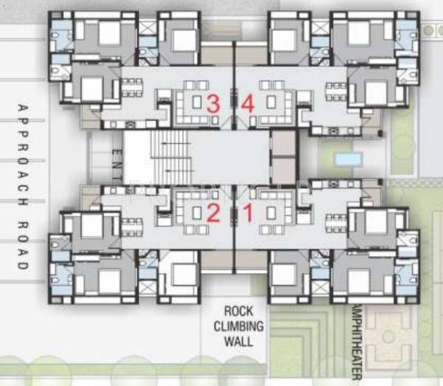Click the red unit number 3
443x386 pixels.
[x=213, y=104]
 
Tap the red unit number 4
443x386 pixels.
[x=247, y=104]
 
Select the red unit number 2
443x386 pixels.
[x=213, y=213]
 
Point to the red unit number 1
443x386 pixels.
[x=248, y=213]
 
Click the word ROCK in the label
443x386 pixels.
[x=239, y=311]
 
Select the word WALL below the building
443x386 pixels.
[x=239, y=341]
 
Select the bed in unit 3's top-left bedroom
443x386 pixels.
[x=109, y=33]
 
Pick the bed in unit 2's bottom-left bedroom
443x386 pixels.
[x=109, y=281]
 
